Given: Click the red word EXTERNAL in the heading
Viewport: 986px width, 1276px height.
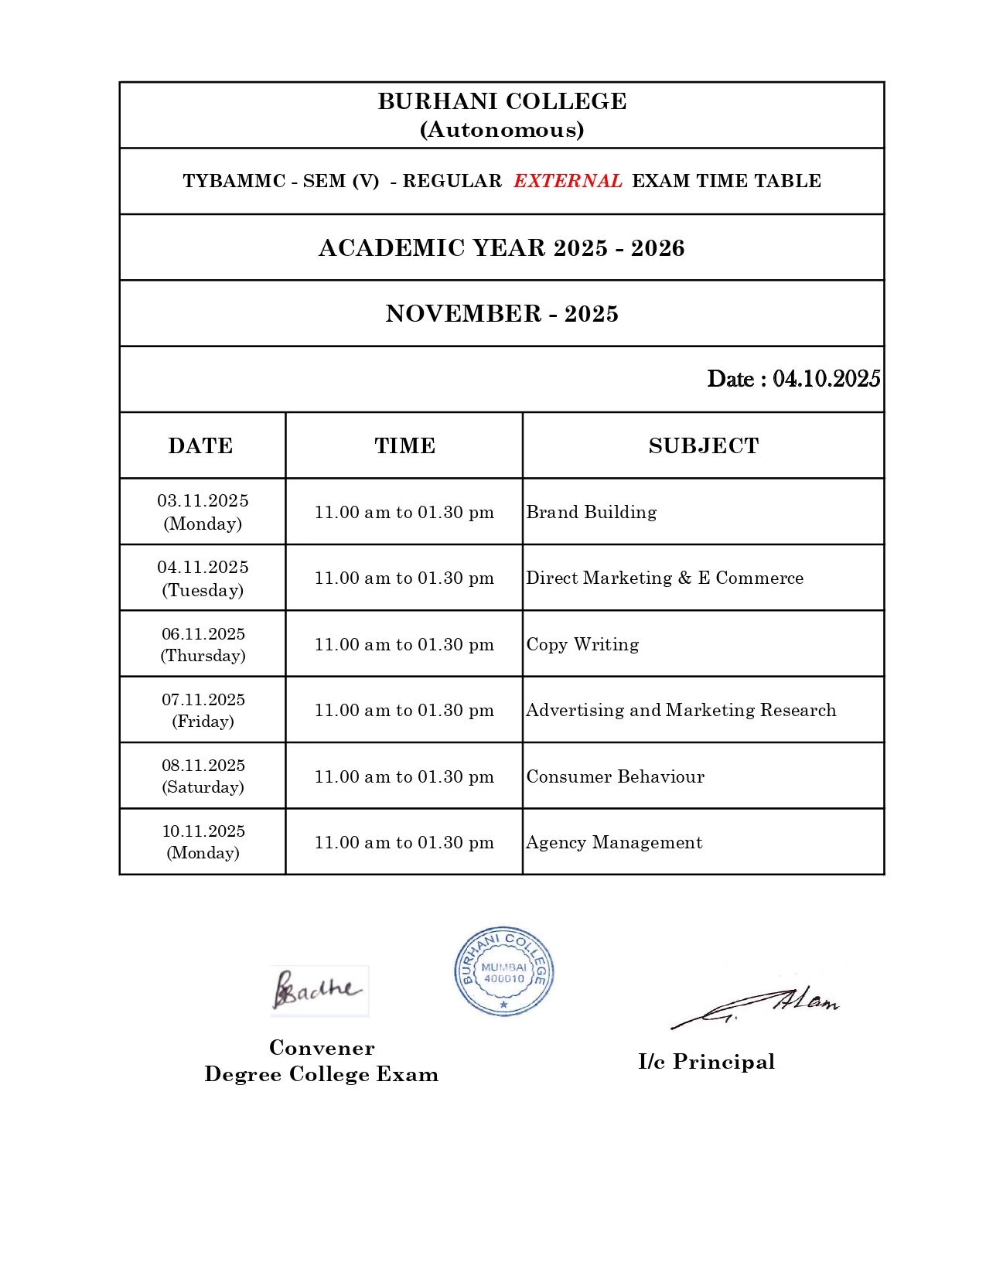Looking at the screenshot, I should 568,181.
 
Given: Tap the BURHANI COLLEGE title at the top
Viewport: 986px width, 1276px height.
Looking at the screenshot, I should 502,101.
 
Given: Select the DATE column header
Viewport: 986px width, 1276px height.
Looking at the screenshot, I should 200,445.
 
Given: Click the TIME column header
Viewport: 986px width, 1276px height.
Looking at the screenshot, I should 404,445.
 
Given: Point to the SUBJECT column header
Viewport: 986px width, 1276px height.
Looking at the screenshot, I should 703,445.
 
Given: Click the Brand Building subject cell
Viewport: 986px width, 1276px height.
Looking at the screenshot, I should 592,512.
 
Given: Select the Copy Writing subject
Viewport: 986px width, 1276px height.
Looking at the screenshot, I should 582,644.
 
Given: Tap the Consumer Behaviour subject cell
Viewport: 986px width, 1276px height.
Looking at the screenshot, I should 615,776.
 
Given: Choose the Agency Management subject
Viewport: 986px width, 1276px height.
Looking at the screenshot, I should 614,842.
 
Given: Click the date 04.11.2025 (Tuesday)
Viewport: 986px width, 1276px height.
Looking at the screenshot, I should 203,578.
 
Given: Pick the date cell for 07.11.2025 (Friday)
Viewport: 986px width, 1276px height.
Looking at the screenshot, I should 203,710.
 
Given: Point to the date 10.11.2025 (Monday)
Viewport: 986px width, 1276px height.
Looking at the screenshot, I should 203,841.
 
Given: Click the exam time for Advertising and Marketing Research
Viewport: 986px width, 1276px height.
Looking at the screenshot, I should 404,710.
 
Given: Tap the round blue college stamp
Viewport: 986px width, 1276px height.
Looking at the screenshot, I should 503,971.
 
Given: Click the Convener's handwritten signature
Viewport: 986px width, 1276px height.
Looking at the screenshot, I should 318,990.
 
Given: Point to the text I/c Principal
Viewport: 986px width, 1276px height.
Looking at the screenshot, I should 706,1061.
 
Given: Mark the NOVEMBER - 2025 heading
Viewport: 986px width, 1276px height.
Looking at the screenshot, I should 502,313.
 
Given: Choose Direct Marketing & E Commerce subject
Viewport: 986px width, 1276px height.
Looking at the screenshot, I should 664,578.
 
